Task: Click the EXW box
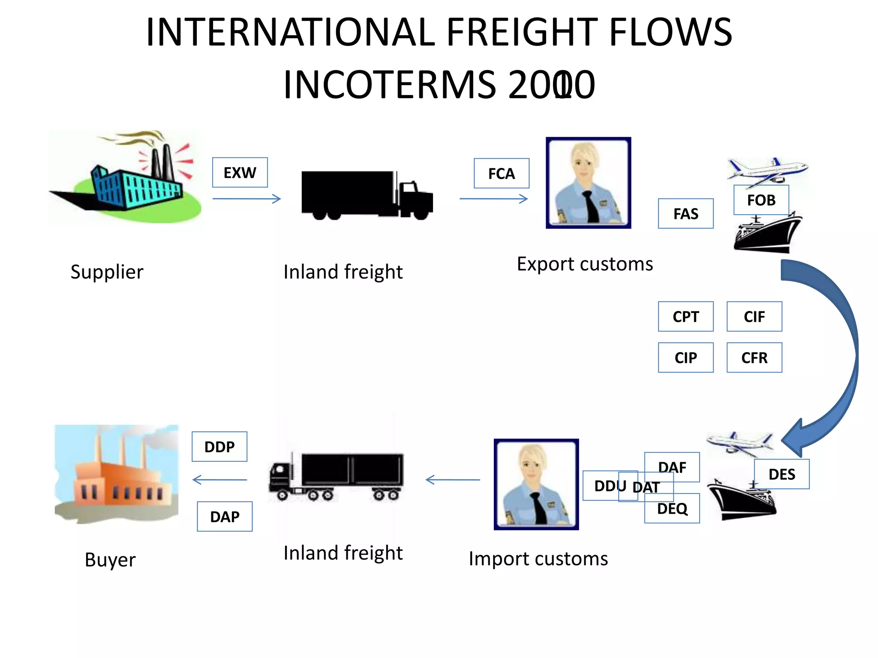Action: tap(240, 173)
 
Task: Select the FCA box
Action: tap(501, 173)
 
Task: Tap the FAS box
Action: tap(686, 213)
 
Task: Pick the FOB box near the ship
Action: tap(761, 200)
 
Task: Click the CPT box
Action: tap(686, 317)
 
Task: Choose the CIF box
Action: tap(754, 317)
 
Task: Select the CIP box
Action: tap(686, 358)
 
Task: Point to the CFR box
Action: tap(754, 358)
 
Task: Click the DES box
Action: tap(782, 474)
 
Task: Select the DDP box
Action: tap(219, 447)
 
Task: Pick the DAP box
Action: tap(225, 517)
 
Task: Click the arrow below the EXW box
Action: tap(247, 199)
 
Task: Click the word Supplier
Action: tap(107, 272)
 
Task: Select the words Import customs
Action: tap(538, 559)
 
